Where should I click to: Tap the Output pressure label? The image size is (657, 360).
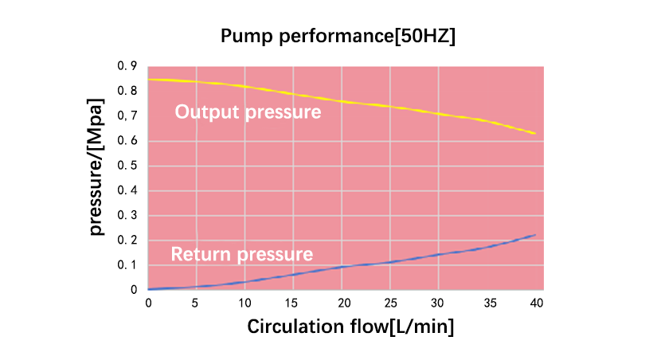pyautogui.click(x=248, y=112)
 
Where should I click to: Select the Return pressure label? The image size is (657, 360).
pyautogui.click(x=242, y=255)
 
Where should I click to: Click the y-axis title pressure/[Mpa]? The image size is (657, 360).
pyautogui.click(x=96, y=168)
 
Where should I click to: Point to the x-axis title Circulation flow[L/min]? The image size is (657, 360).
pyautogui.click(x=350, y=327)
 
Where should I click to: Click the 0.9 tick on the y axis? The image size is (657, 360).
pyautogui.click(x=127, y=66)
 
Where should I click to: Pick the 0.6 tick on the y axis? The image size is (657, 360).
pyautogui.click(x=127, y=141)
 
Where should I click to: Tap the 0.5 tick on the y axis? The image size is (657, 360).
pyautogui.click(x=127, y=166)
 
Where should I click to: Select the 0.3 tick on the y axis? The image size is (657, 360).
pyautogui.click(x=127, y=215)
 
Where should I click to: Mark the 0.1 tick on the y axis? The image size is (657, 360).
pyautogui.click(x=127, y=265)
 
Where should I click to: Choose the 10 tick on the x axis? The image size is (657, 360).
pyautogui.click(x=245, y=303)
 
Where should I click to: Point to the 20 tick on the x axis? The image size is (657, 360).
pyautogui.click(x=342, y=303)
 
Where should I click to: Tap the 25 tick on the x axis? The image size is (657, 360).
pyautogui.click(x=391, y=303)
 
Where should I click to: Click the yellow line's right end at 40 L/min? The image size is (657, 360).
pyautogui.click(x=535, y=133)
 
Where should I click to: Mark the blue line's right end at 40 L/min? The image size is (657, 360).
pyautogui.click(x=535, y=235)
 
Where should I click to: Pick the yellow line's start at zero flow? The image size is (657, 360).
pyautogui.click(x=149, y=80)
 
